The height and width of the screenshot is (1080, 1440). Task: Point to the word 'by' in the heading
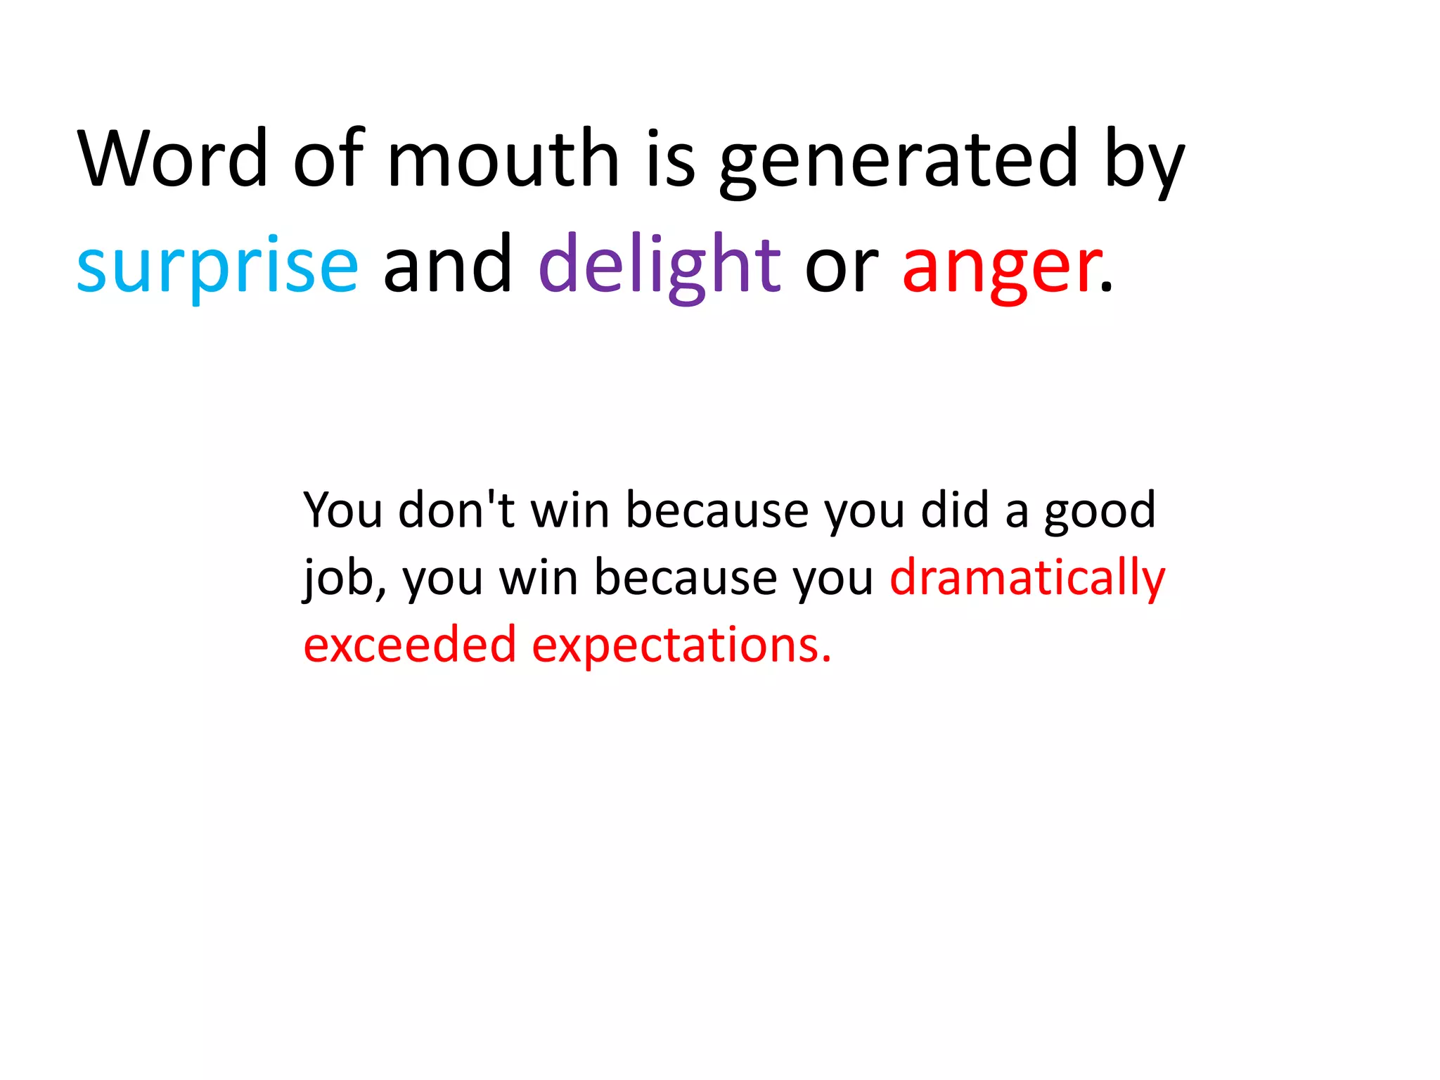[1145, 162]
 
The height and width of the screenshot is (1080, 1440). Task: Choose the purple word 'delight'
[659, 266]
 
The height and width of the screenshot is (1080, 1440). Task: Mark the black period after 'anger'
[1107, 286]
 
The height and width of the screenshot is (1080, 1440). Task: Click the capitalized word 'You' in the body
[343, 509]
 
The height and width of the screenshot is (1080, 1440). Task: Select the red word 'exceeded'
[410, 644]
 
